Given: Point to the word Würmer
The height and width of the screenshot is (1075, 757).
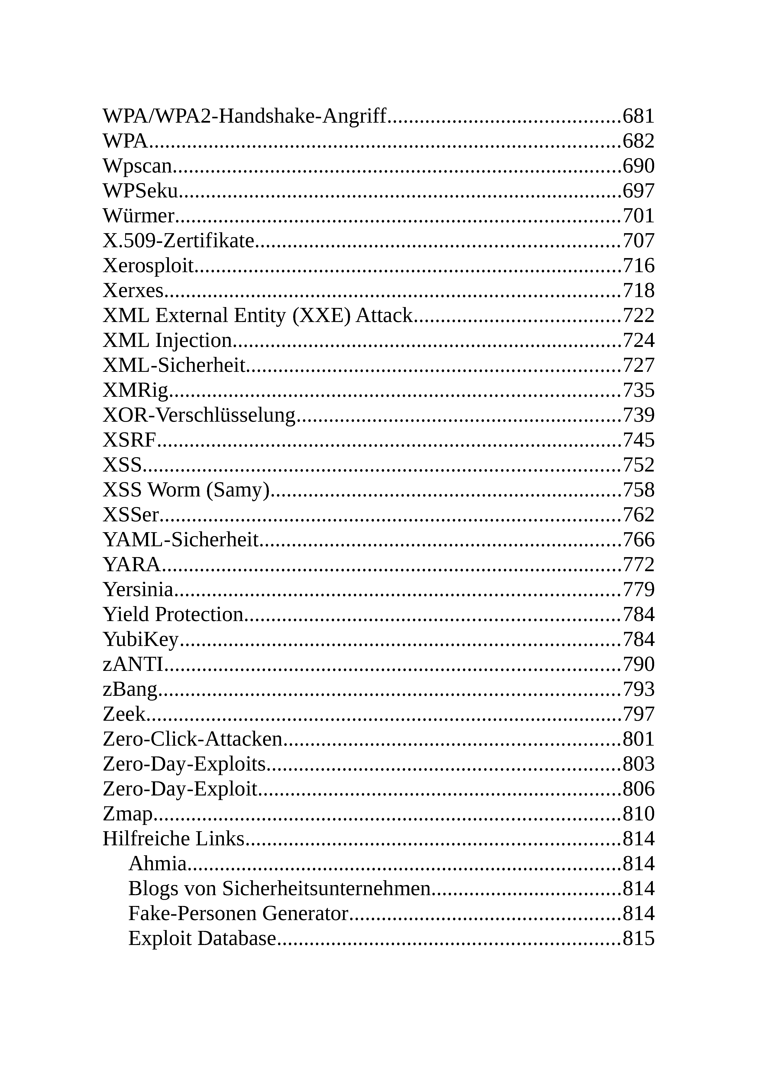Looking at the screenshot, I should pos(139,216).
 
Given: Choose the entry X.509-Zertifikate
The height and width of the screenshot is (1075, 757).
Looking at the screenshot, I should pos(178,241).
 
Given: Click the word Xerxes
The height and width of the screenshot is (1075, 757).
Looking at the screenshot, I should pos(133,291).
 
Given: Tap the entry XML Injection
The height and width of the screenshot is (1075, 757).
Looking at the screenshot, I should pos(167,340).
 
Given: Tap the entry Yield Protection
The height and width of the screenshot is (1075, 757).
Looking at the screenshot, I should pos(173,614).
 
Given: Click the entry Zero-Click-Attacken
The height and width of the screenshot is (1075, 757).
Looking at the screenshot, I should pos(192,739).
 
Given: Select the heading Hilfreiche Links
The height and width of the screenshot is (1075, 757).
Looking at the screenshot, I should pos(174,839).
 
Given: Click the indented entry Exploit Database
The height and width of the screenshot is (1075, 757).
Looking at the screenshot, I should pos(202,938).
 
